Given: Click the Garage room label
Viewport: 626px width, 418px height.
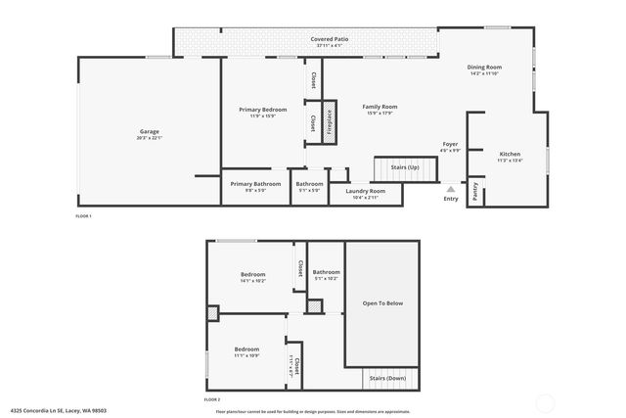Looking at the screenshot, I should tap(149, 131).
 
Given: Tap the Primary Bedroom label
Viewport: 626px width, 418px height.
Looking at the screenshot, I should tap(262, 110).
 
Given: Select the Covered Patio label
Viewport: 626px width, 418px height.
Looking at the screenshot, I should tap(333, 39).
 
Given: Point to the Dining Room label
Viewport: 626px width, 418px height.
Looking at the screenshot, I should tap(484, 67).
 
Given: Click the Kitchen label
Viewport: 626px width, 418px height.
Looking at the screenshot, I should tap(510, 155).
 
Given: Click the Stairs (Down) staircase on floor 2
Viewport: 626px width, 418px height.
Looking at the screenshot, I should tap(387, 377).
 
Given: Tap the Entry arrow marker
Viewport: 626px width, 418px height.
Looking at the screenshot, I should tap(450, 190).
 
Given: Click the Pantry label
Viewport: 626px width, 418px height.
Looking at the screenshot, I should tap(475, 192).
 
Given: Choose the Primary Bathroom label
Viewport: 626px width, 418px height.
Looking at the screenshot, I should tap(255, 184).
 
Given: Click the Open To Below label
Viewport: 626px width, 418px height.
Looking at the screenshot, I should tap(382, 302).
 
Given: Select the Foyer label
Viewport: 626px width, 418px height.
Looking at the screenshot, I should tap(450, 144).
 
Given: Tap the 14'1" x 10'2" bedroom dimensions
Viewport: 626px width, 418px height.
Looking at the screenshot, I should tap(252, 281).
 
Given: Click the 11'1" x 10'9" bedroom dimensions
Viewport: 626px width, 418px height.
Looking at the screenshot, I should tap(246, 355).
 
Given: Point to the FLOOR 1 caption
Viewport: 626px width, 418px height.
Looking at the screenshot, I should tap(83, 215).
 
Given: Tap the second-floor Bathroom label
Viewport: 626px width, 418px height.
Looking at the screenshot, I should tap(327, 272).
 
